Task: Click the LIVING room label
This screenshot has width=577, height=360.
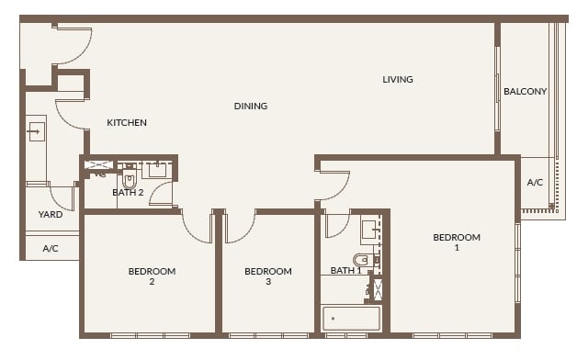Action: (398, 80)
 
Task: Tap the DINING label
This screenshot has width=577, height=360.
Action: (251, 107)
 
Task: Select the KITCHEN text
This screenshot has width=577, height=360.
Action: (127, 123)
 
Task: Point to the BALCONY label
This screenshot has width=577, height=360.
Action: (526, 92)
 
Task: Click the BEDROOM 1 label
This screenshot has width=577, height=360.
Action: (457, 242)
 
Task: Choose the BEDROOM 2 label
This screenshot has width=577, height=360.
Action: (152, 276)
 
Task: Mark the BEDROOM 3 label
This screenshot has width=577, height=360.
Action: (268, 276)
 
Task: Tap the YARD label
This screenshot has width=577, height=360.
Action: (50, 216)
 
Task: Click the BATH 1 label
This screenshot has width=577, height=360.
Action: (346, 271)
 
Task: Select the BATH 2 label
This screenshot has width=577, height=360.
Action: (128, 193)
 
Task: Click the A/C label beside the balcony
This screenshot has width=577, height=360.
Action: (535, 183)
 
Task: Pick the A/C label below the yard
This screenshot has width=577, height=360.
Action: (50, 248)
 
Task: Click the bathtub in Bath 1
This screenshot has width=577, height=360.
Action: (351, 319)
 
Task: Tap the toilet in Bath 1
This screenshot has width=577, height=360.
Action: (363, 260)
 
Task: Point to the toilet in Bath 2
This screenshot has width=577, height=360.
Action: (129, 179)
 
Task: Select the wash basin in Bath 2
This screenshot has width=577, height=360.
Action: (157, 169)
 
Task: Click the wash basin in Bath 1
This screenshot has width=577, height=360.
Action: (368, 229)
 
